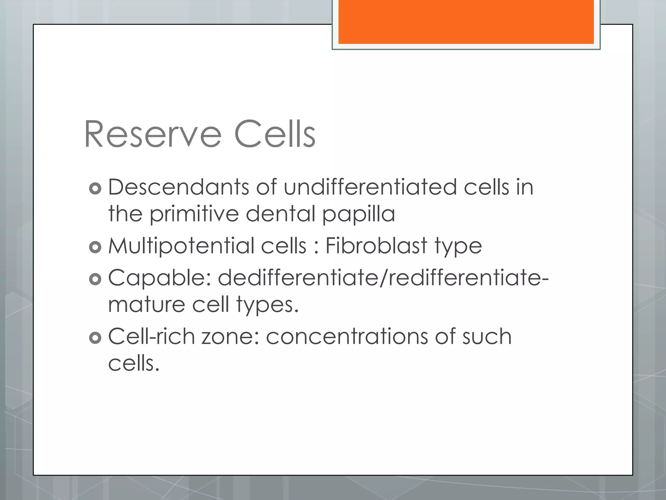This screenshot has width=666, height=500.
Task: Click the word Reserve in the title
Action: [x=153, y=134]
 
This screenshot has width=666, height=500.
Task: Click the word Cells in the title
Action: [x=275, y=134]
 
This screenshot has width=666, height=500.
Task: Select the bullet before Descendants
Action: [x=95, y=188]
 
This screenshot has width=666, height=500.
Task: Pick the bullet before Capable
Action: [x=95, y=279]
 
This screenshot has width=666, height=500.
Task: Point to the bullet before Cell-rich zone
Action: [x=95, y=338]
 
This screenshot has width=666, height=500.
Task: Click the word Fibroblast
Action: [x=376, y=245]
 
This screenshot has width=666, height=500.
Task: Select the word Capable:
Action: [x=159, y=278]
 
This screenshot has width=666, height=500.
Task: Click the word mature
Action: [x=146, y=305]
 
